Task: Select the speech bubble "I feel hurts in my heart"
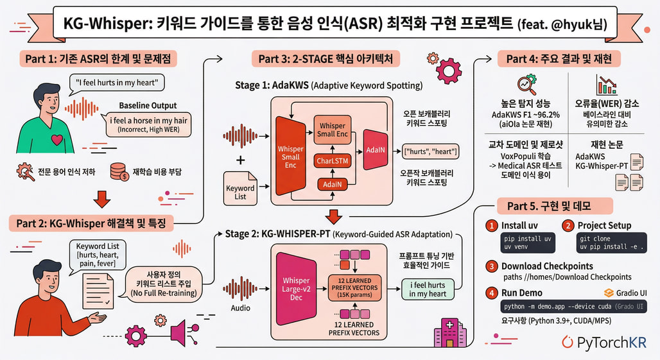(116, 82)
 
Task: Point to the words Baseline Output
(148, 106)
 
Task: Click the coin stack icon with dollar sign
(118, 171)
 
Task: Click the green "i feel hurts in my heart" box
(428, 289)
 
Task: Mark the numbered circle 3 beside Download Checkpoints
(491, 266)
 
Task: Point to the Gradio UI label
(626, 293)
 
